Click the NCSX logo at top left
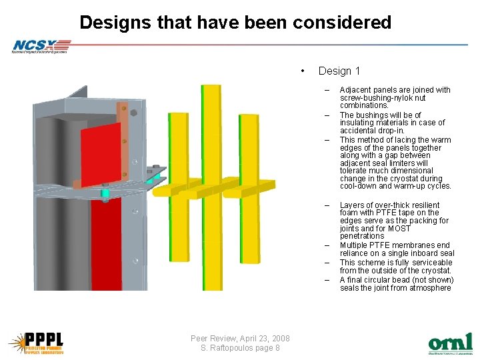pos(40,46)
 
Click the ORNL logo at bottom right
pos(450,343)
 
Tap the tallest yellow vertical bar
pos(212,187)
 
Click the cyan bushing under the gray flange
pos(105,195)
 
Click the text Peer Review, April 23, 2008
pos(240,338)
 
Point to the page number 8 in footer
pos(277,348)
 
